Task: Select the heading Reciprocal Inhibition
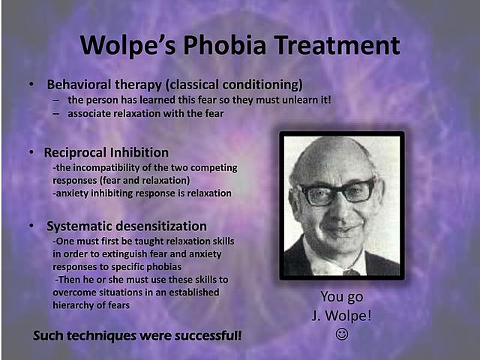point(107,152)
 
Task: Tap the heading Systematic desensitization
point(127,226)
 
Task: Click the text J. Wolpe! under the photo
point(341,314)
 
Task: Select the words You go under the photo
point(341,297)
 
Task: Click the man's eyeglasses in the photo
point(337,193)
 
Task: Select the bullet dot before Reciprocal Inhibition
point(31,152)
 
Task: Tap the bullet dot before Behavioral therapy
point(31,84)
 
